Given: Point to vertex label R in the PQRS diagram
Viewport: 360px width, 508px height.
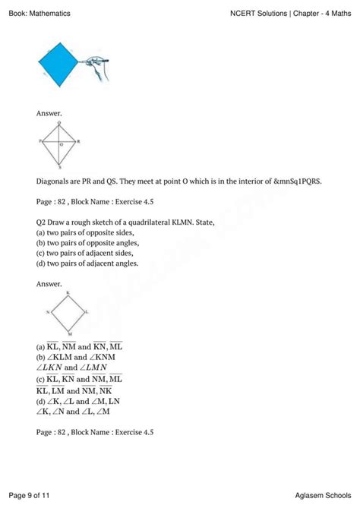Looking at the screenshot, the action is tap(79, 141).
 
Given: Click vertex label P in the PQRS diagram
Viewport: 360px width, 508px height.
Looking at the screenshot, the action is tap(39, 141).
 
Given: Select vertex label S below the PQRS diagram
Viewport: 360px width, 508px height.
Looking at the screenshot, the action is tap(59, 166).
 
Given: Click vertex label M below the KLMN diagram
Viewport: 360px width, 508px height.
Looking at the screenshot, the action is tap(69, 335).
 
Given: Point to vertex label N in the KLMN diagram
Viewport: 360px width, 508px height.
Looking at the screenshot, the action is tap(47, 312).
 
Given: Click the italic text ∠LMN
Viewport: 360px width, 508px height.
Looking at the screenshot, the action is tap(101, 368).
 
